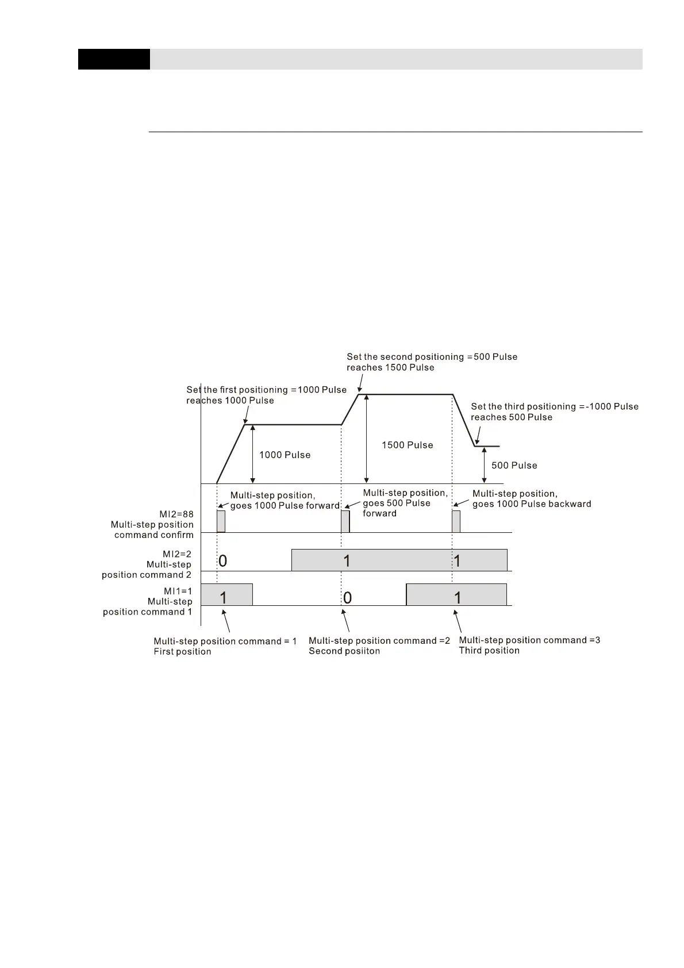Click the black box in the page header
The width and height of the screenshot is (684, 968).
point(114,59)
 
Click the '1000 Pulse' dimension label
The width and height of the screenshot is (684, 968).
point(285,455)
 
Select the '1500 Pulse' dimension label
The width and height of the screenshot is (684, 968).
point(407,445)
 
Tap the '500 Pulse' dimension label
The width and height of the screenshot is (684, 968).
point(514,466)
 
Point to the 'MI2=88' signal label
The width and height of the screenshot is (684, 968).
point(176,514)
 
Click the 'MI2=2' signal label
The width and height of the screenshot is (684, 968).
point(177,554)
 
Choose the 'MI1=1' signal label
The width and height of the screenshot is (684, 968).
point(178,591)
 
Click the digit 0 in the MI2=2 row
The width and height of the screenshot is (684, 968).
point(223,561)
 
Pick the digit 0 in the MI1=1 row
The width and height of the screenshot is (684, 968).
point(347,598)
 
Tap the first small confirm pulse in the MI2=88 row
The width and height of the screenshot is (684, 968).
point(221,521)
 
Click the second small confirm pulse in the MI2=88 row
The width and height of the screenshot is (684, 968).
point(345,521)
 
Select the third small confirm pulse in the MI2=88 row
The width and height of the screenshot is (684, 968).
point(456,521)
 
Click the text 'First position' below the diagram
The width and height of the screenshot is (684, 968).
point(182,652)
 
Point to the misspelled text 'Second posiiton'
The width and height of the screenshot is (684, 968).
point(344,651)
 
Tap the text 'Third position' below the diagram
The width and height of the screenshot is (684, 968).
point(489,651)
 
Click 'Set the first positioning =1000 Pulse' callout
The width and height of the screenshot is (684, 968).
point(266,390)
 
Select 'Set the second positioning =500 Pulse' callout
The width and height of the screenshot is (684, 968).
point(432,357)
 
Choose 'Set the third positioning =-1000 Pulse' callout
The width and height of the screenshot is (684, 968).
point(555,406)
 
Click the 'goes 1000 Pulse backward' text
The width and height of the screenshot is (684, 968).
point(532,504)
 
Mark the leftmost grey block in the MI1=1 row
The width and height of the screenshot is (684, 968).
point(226,594)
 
